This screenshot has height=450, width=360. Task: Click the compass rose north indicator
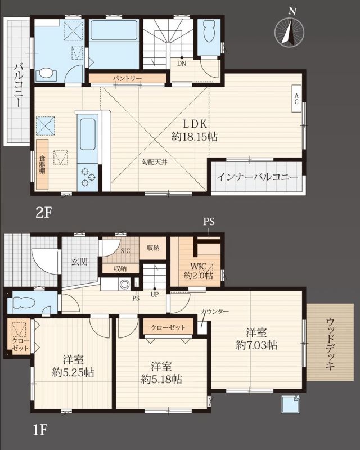pos(289,30)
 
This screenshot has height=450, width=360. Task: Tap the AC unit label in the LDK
pos(296,98)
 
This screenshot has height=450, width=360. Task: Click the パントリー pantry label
pos(127,78)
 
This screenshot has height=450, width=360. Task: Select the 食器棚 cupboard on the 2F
pos(42,164)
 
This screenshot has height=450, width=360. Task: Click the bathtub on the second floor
pos(114,31)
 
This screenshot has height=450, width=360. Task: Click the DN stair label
pos(182,64)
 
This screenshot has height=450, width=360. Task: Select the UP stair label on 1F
pos(155,294)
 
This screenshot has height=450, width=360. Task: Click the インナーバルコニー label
pos(257,177)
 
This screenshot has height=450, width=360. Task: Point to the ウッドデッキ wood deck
pos(330,342)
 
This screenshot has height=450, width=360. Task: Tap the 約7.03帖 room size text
pos(256,345)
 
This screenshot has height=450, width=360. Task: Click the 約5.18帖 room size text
pos(161,379)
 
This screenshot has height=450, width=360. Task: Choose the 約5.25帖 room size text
pos(73,372)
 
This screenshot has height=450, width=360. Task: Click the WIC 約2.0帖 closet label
pos(199,271)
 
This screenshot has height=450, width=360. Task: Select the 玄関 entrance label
pos(79,262)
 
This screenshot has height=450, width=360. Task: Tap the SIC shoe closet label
pos(125,251)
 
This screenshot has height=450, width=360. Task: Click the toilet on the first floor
pos(24,303)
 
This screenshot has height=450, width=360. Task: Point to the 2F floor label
pos(43,213)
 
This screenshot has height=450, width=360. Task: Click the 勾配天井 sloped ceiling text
pos(155,162)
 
